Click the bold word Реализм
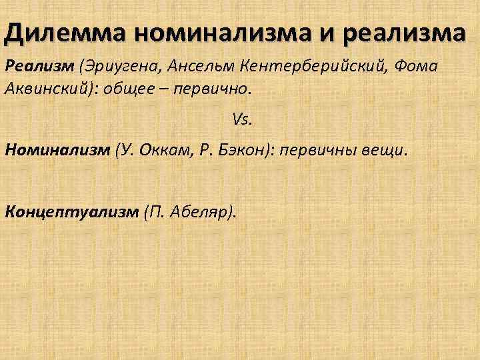click(x=39, y=67)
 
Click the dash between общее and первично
click(x=165, y=89)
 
